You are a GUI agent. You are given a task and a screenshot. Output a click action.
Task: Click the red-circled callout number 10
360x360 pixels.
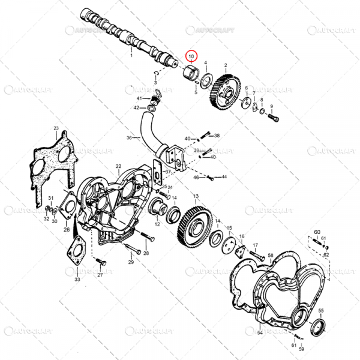coord(191,57)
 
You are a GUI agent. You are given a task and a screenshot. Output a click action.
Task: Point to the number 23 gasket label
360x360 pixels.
coord(56,129)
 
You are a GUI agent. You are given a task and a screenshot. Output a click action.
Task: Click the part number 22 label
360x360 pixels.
coord(119,166)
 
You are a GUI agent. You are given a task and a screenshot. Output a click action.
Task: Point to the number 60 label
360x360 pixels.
coord(317,232)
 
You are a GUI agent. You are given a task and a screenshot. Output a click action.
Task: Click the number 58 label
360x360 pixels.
coord(271,256)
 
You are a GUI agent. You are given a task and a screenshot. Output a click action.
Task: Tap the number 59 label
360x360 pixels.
coord(302,349)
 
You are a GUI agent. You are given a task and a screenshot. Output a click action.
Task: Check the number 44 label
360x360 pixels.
coord(224,177)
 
